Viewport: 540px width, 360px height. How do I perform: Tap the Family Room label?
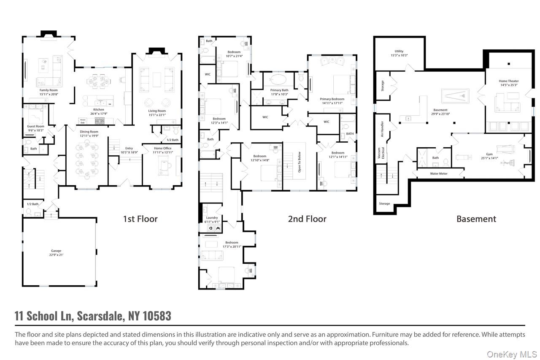tap(49, 90)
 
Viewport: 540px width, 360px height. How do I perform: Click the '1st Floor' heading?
tap(140, 219)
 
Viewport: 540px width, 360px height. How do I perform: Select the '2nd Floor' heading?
tap(307, 219)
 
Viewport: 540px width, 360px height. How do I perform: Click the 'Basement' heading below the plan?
tap(476, 219)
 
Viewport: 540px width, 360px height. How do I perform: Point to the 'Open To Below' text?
tap(300, 162)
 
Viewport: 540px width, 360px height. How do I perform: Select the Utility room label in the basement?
tap(399, 51)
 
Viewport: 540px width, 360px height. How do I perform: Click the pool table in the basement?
tap(455, 96)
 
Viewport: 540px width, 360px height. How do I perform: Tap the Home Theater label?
tap(508, 81)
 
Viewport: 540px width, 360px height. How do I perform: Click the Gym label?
tap(489, 154)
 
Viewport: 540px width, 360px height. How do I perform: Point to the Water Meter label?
tap(438, 173)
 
